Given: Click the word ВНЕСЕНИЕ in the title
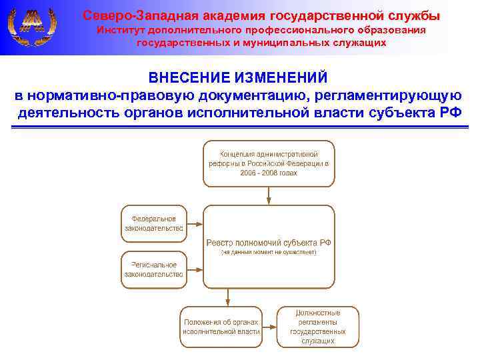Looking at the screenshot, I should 186,79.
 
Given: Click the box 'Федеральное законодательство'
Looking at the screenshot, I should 154,223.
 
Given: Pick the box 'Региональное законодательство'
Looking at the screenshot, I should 154,269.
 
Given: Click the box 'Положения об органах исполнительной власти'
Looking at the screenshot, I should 221,326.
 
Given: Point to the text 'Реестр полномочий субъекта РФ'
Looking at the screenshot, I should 269,243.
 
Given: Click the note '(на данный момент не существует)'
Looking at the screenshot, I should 269,253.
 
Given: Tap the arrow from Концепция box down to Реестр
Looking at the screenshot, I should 269,195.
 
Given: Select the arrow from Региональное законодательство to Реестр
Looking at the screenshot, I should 195,270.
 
